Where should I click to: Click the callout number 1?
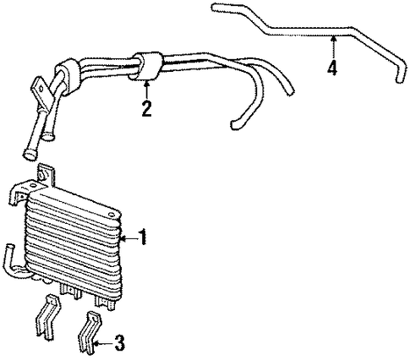click(143, 237)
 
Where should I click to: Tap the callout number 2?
click(147, 108)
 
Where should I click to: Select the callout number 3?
click(119, 343)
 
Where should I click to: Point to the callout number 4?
click(332, 68)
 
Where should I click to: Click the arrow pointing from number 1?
click(129, 239)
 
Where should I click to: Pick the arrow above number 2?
click(146, 90)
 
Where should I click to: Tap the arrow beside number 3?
click(103, 343)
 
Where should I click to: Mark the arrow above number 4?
click(334, 47)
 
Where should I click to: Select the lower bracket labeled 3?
click(90, 332)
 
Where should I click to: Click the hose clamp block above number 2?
click(146, 66)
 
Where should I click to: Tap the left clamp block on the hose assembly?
click(67, 78)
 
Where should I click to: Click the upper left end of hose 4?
click(215, 7)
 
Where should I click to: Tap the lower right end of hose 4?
click(399, 79)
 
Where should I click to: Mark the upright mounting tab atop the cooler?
click(45, 175)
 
